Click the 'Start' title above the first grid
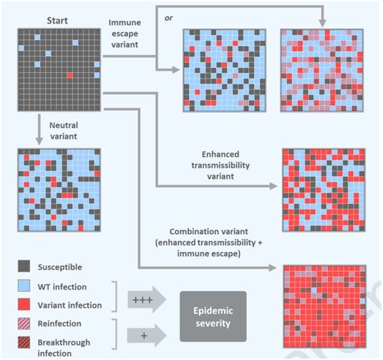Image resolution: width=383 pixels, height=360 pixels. [x=57, y=21]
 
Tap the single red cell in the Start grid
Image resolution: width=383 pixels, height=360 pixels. [x=70, y=75]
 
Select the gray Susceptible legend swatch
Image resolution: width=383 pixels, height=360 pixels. [x=24, y=266]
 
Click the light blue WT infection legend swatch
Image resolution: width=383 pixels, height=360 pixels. [x=24, y=286]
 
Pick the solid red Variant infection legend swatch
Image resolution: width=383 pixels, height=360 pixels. [x=24, y=304]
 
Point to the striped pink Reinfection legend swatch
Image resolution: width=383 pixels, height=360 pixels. [x=24, y=323]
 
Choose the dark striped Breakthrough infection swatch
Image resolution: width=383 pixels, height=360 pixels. [x=24, y=342]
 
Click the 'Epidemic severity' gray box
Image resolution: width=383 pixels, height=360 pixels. [x=213, y=316]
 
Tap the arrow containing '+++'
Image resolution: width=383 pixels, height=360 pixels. [x=147, y=300]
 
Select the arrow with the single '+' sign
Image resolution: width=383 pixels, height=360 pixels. [x=147, y=336]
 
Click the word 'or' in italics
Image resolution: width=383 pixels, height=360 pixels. [x=168, y=18]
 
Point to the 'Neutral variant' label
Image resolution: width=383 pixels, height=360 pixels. [x=64, y=131]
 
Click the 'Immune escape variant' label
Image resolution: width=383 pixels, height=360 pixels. [x=125, y=34]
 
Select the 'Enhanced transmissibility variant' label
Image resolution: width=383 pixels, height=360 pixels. [x=220, y=165]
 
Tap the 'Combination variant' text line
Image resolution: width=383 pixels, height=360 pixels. [x=209, y=231]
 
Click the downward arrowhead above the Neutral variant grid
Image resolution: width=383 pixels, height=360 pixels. [x=39, y=141]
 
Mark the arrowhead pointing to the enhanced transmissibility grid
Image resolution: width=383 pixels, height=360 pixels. [x=273, y=186]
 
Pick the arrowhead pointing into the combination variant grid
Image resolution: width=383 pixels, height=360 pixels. [x=273, y=268]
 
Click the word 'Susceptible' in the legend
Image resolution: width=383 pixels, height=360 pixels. [x=60, y=267]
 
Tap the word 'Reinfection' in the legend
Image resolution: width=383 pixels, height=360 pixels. [x=59, y=323]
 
